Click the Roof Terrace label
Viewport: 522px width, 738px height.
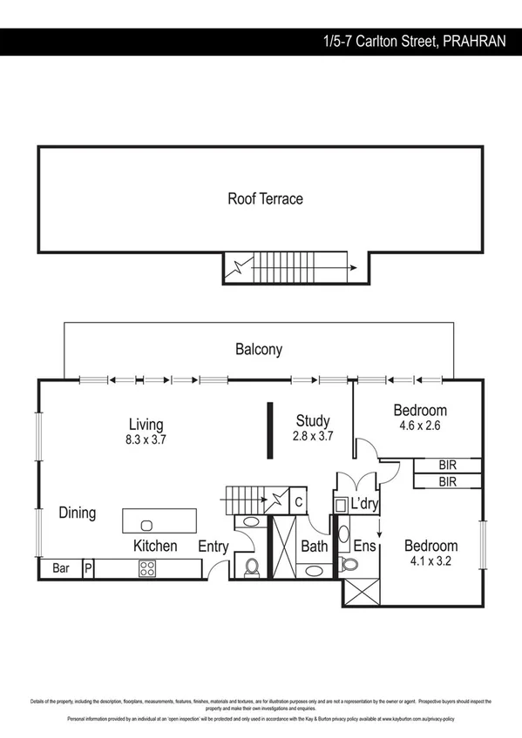coord(265,198)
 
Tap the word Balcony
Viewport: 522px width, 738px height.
coord(259,350)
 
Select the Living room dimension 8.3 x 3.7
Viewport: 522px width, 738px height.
coord(146,440)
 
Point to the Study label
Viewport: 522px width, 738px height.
coord(312,422)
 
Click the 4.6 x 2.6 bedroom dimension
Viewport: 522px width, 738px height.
coord(419,426)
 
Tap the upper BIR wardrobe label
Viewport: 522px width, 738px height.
coord(447,465)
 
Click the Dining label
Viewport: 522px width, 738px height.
coord(77,513)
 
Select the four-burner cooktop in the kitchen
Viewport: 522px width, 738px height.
coord(147,569)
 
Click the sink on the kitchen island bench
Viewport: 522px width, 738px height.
coord(146,524)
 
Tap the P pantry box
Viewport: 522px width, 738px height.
coord(87,568)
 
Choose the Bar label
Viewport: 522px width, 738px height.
coord(61,568)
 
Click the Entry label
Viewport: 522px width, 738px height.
coord(214,547)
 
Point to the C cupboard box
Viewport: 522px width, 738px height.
coord(297,502)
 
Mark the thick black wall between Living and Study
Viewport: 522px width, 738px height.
coord(271,429)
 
